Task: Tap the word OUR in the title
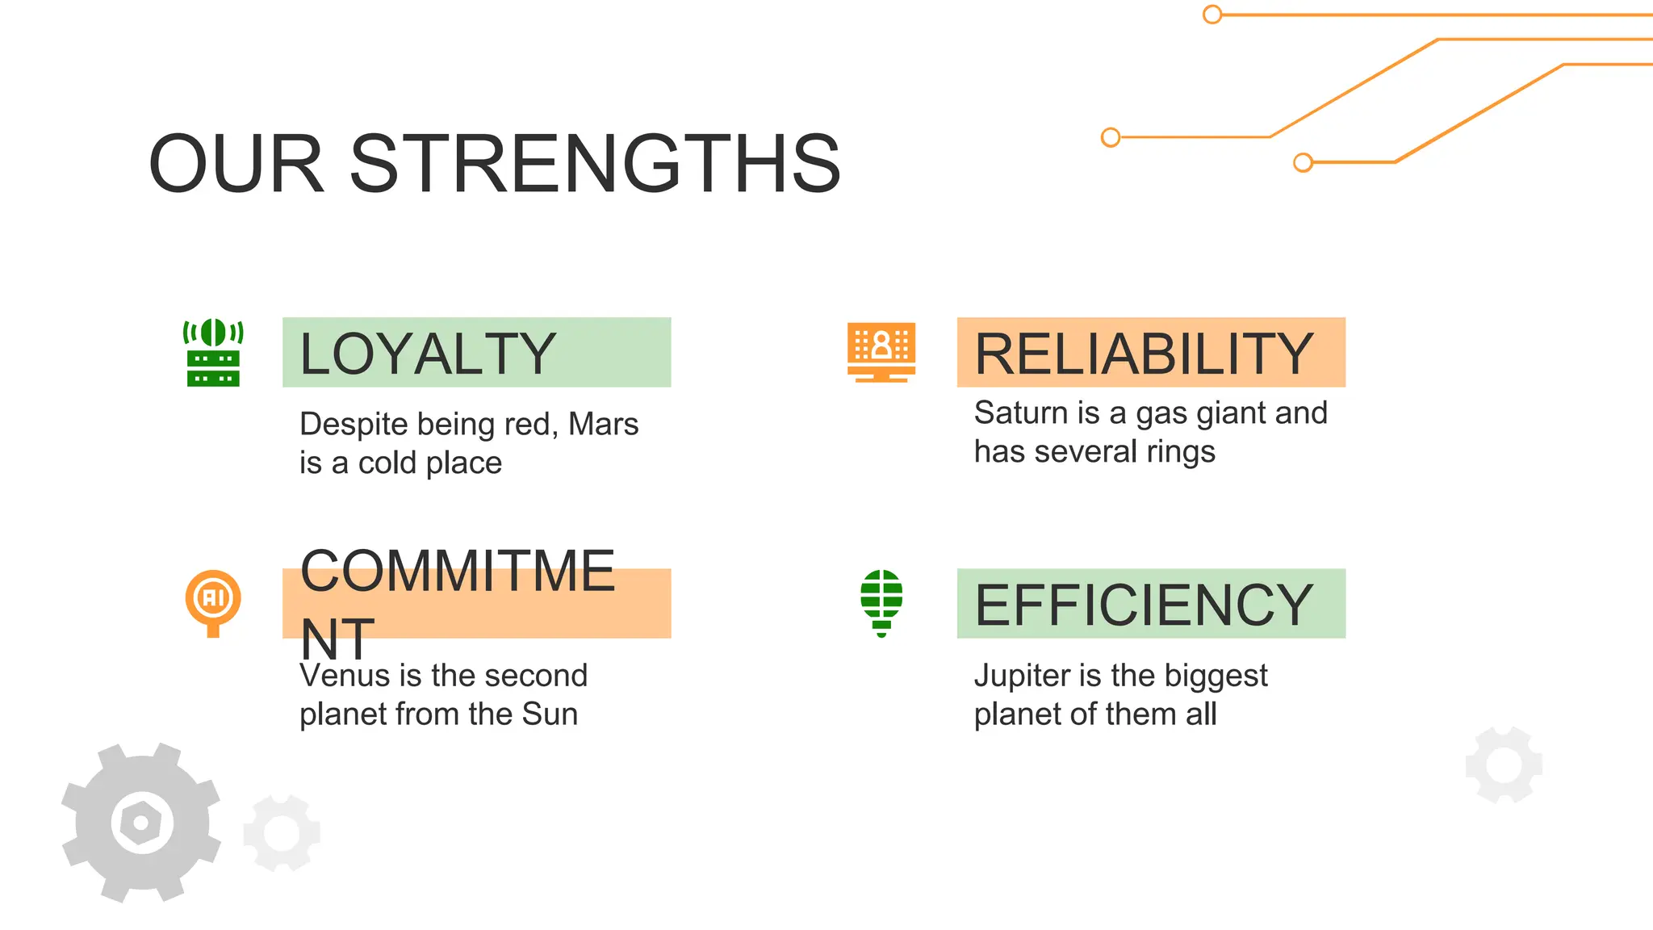point(236,164)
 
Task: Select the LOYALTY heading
point(427,354)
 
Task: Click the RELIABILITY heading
point(1144,354)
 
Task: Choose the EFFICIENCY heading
point(1144,605)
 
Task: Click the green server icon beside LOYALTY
point(213,353)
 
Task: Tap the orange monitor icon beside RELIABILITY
point(881,352)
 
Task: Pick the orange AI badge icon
point(213,601)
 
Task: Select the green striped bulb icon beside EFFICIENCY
point(881,602)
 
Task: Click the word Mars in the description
point(603,424)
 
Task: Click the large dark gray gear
point(89,840)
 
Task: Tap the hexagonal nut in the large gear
point(142,823)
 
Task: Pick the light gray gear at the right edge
point(1504,765)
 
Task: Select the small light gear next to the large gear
point(282,833)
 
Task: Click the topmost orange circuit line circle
point(1212,15)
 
